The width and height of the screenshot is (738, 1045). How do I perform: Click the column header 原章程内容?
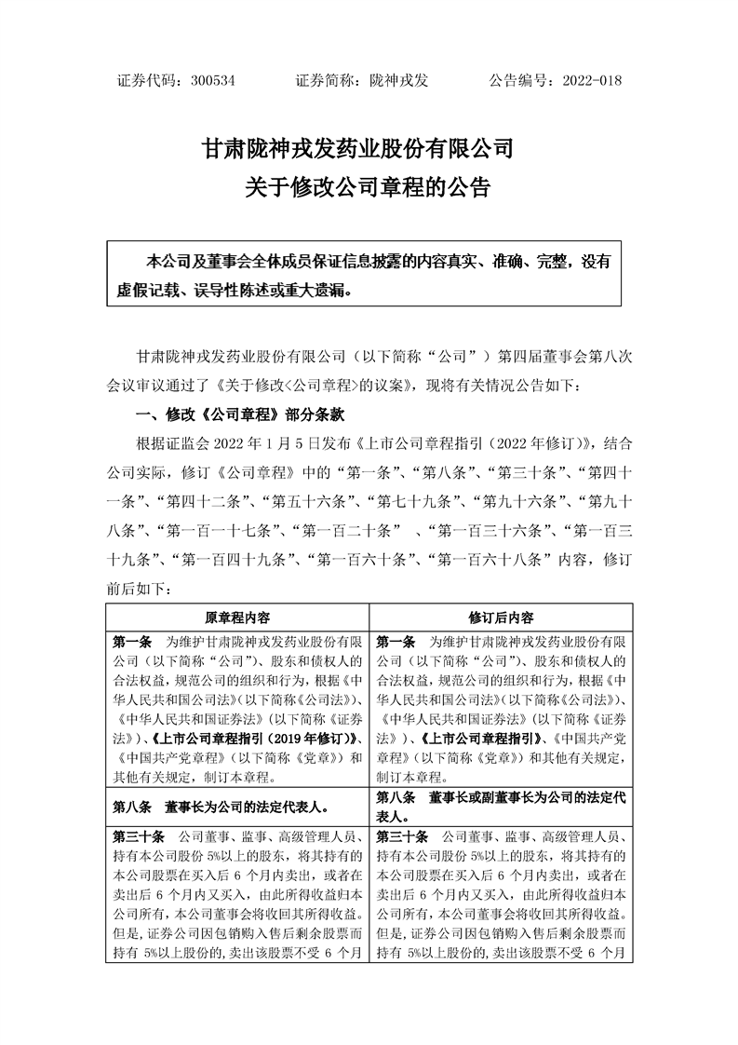pos(237,617)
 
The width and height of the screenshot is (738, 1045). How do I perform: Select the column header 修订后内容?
pos(502,617)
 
